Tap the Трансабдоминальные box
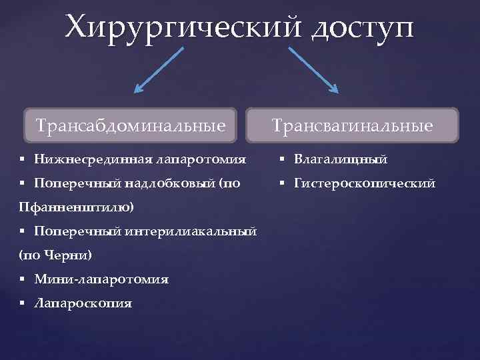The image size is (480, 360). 131,125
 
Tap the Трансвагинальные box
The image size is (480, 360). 352,125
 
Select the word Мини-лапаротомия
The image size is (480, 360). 101,279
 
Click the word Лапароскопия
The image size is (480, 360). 83,303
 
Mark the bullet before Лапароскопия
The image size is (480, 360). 23,303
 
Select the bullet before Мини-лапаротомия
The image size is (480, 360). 23,279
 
